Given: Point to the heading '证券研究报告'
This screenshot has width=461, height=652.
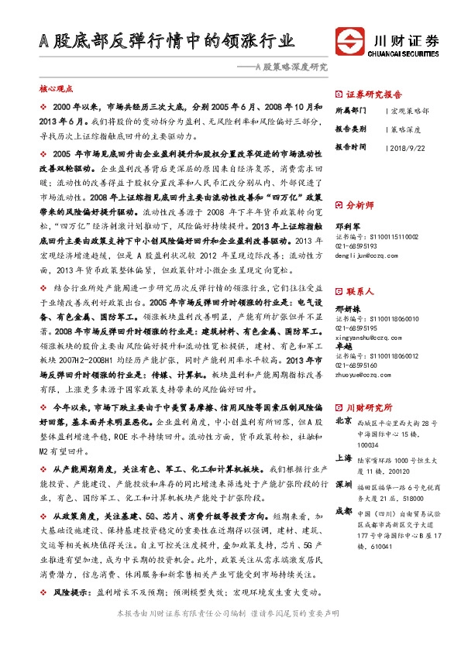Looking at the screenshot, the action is (x=373, y=91).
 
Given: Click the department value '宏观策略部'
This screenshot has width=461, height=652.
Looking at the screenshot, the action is (x=411, y=111).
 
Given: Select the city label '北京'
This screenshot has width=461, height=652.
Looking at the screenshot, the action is (x=344, y=421).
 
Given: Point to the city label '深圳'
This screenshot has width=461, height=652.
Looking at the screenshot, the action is (x=344, y=484).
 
